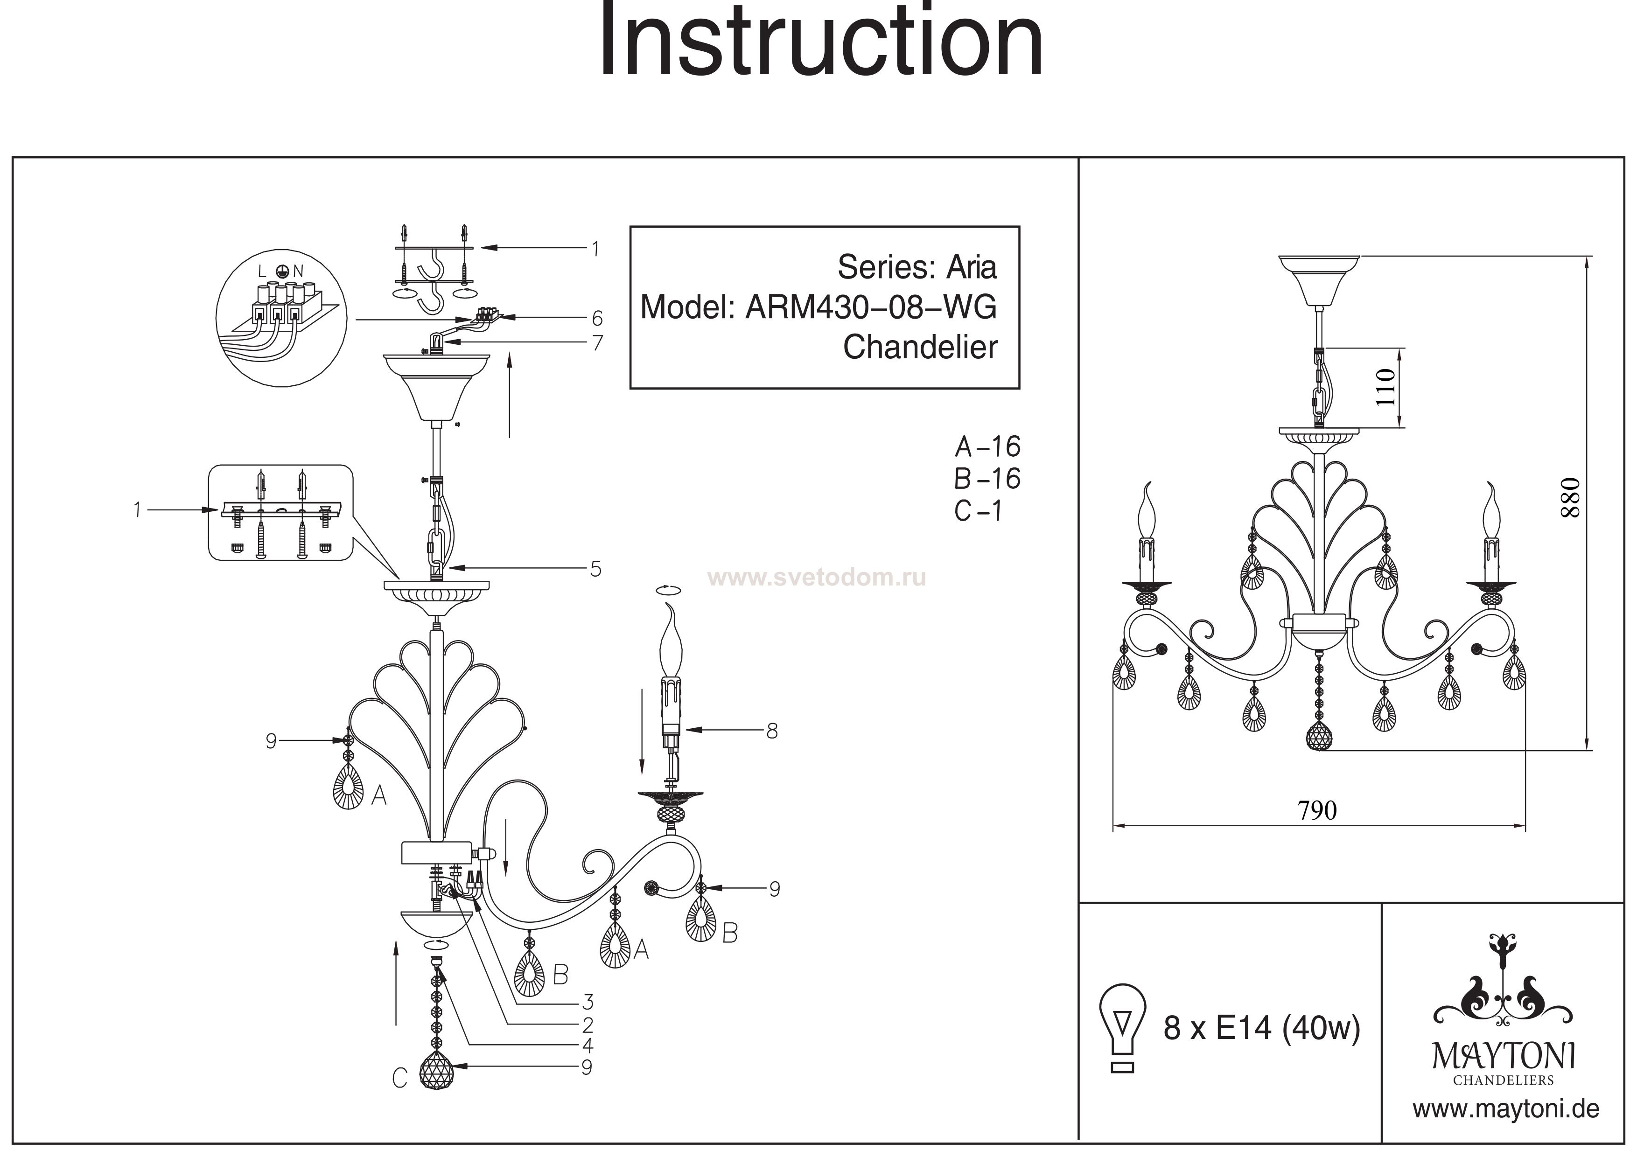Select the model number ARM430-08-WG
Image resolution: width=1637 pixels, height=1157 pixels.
point(871,308)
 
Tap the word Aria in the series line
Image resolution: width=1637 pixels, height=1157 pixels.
point(971,268)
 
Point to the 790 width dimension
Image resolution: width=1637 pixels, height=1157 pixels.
point(1317,810)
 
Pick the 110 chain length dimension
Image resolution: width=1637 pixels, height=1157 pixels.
point(1385,387)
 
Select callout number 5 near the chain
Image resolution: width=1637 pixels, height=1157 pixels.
point(595,569)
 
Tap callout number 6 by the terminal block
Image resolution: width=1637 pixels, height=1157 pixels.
point(597,318)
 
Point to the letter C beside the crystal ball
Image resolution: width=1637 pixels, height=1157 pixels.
point(399,1078)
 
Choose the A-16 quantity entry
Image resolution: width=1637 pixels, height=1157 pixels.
point(987,447)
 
